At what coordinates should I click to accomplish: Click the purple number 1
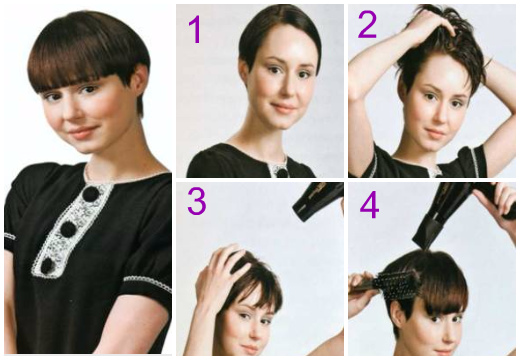195,30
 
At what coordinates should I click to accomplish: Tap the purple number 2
368,24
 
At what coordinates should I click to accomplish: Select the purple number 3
197,201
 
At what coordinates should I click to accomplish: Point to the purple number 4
369,205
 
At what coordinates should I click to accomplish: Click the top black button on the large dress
89,194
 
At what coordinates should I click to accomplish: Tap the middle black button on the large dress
68,229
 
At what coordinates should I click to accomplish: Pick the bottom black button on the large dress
47,265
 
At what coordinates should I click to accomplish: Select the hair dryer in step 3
318,201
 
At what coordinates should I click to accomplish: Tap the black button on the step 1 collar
283,173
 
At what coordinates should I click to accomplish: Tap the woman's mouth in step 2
435,132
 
